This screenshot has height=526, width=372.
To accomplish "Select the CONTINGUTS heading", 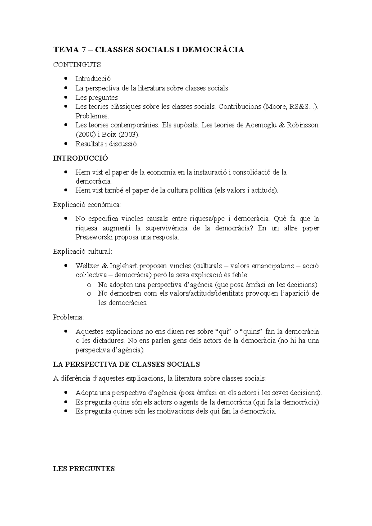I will coord(77,65).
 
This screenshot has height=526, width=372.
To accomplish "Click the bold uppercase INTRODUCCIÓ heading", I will coord(81,158).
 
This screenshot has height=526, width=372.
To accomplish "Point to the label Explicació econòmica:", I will coord(87,205).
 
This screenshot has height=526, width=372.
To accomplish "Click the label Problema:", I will coord(68,317).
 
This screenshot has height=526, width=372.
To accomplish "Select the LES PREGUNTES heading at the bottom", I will coord(84,469).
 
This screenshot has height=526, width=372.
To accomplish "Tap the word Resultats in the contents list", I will coord(89,144).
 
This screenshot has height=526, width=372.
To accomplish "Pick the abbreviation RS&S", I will coord(299,107).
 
